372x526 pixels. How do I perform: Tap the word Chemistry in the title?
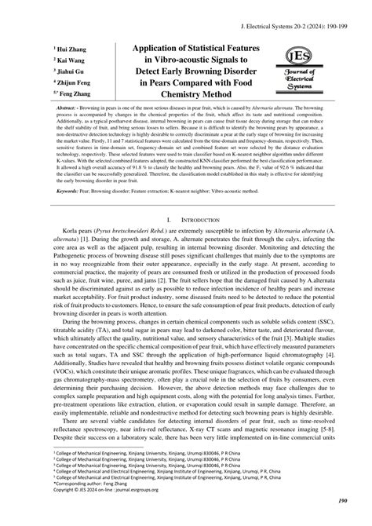(x=157, y=93)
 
